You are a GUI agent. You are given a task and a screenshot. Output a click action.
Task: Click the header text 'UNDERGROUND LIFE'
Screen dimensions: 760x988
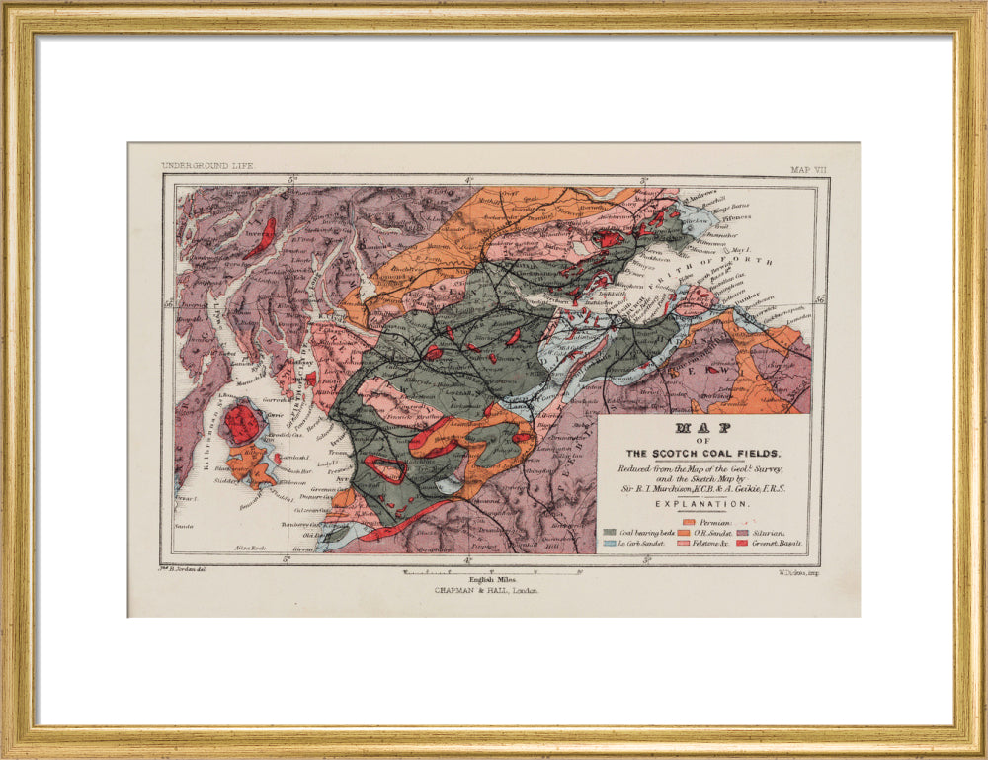[207, 166]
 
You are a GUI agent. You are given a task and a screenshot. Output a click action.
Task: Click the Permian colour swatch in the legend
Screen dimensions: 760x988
[690, 520]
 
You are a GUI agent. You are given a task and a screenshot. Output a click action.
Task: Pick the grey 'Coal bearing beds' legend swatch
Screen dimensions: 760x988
[611, 533]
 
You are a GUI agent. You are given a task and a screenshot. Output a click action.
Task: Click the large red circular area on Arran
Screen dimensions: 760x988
[241, 424]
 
